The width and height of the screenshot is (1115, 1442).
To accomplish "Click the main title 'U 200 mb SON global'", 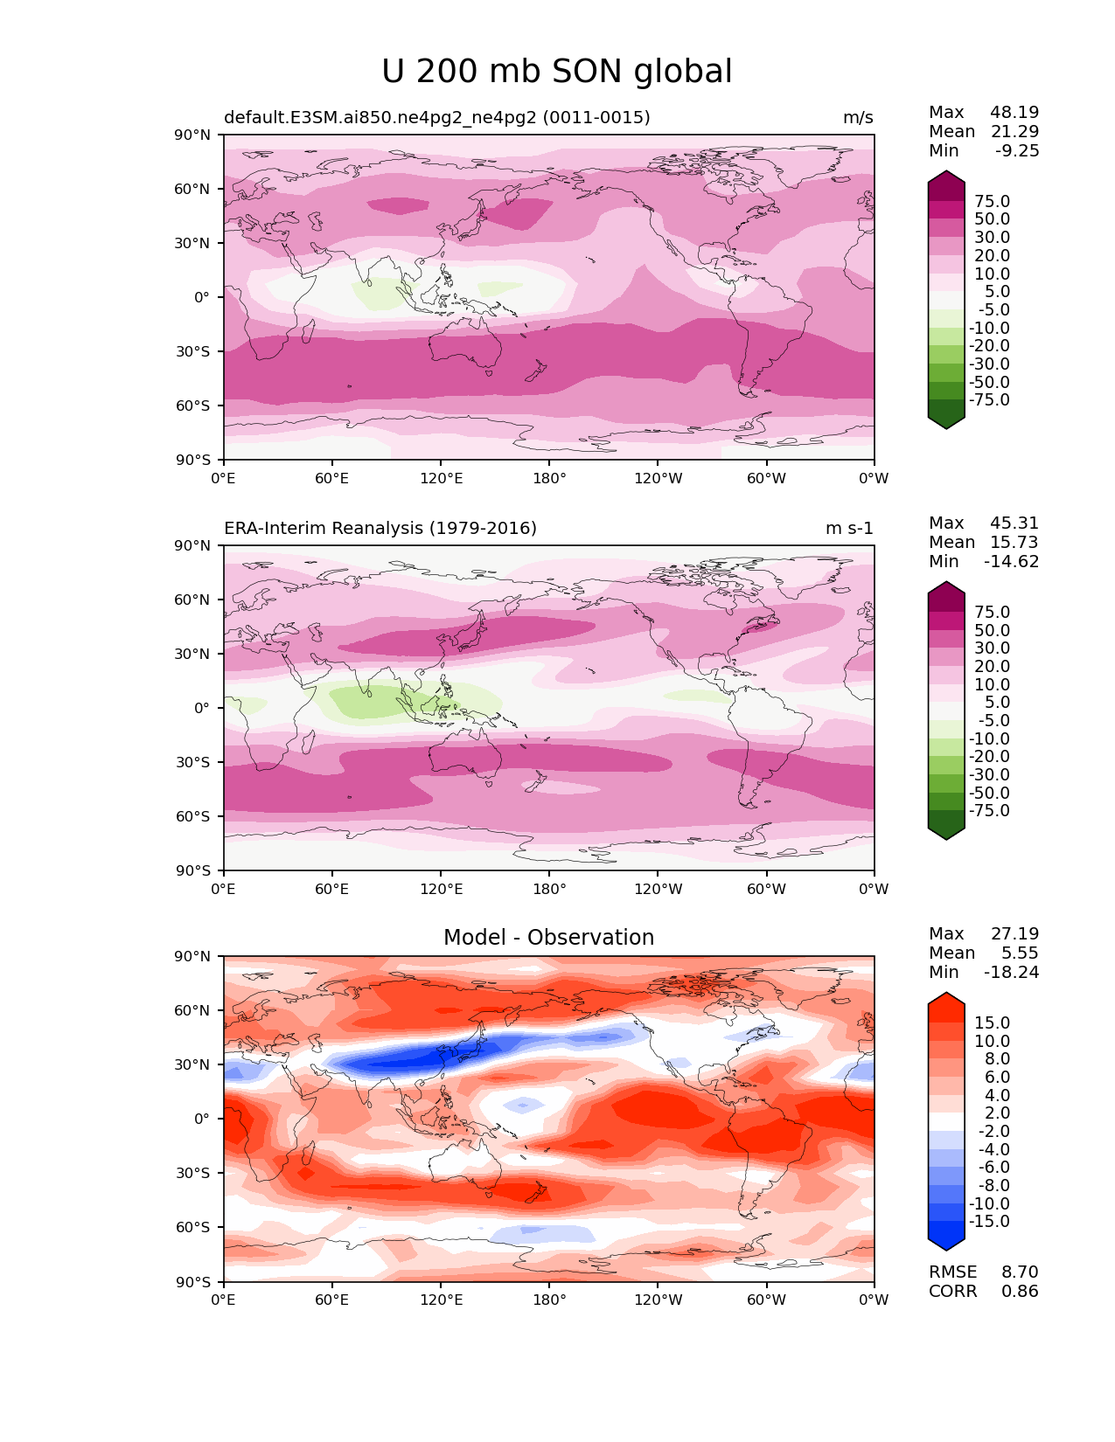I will [556, 72].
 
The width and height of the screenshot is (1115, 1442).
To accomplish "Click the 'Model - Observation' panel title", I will [548, 938].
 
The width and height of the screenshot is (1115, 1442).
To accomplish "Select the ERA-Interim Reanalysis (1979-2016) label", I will [380, 529].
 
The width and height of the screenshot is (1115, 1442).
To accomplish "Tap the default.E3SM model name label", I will [436, 118].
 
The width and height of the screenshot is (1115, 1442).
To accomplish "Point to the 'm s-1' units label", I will [849, 529].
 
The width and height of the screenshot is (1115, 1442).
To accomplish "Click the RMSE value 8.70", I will [1020, 1272].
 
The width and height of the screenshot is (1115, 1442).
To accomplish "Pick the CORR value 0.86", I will [1020, 1292].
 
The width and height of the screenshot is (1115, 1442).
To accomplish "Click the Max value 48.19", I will [1014, 113].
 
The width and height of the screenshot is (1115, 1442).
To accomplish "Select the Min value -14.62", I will [1012, 562].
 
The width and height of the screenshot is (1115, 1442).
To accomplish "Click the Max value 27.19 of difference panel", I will [1014, 934].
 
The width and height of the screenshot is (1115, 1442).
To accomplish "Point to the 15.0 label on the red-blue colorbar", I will [992, 1023].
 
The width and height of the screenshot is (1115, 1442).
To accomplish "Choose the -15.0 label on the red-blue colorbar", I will [989, 1222].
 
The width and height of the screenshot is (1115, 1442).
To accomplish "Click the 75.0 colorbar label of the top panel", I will [992, 202].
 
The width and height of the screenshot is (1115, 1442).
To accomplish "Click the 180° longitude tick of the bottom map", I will [549, 1300].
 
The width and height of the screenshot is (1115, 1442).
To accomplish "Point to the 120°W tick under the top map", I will [659, 479].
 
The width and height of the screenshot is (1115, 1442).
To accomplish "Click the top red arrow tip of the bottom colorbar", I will [946, 995].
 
